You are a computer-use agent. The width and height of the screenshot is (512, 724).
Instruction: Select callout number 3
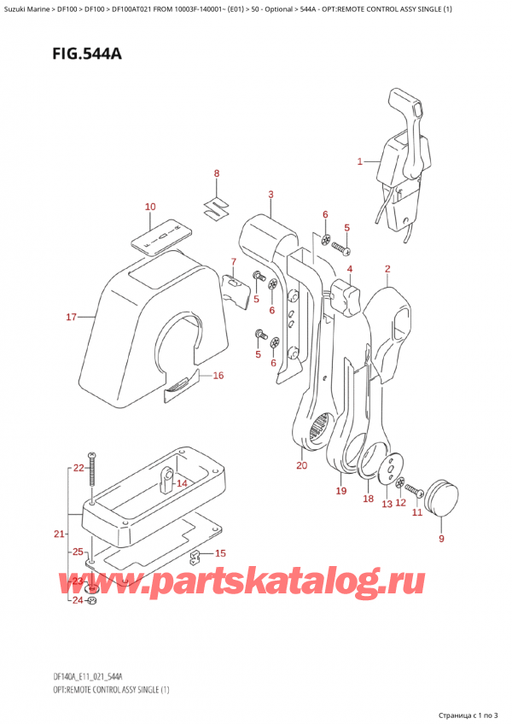click(x=271, y=196)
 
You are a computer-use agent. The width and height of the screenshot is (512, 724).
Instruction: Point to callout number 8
click(x=217, y=174)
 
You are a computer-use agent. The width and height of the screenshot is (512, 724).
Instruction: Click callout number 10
click(x=150, y=207)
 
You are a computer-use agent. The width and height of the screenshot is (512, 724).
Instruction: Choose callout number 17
click(x=72, y=318)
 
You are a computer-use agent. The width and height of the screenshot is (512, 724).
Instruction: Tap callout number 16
click(x=218, y=375)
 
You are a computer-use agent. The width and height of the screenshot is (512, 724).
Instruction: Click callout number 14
click(x=181, y=484)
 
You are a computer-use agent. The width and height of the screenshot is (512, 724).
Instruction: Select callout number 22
click(x=79, y=468)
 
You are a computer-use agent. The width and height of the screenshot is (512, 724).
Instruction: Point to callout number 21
click(x=58, y=534)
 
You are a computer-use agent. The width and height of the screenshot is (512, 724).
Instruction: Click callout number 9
click(x=441, y=539)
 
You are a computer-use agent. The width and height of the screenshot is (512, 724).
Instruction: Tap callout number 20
click(x=301, y=465)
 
